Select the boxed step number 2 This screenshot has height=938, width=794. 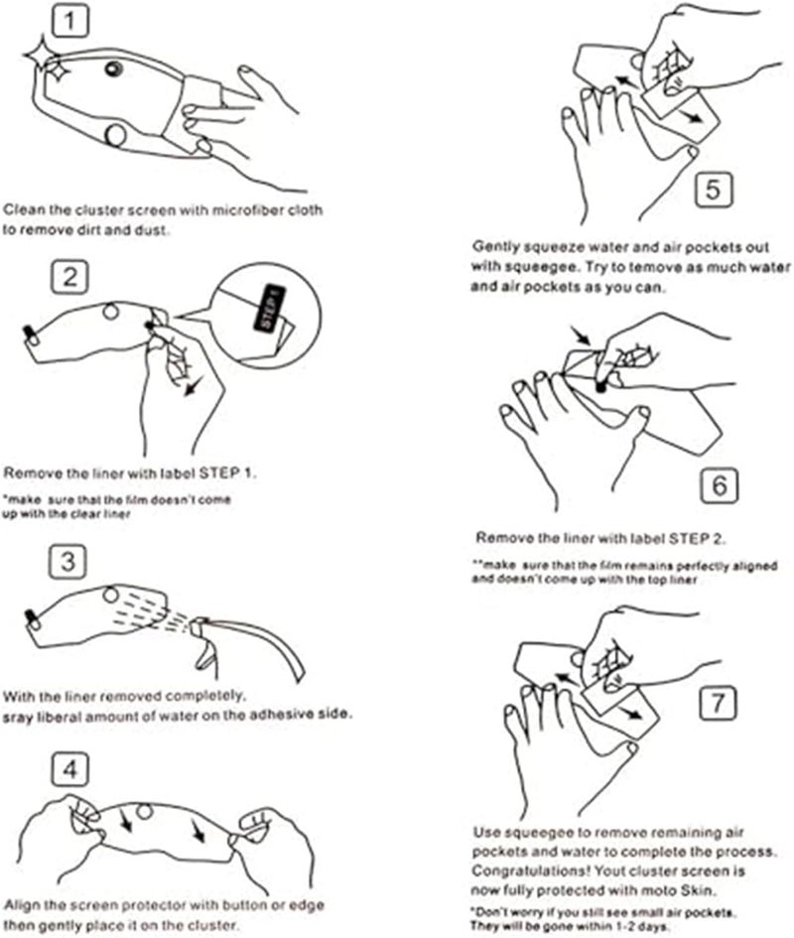click(x=68, y=277)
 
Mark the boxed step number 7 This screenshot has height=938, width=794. click(x=718, y=702)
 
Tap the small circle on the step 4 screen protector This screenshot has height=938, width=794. click(x=145, y=812)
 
